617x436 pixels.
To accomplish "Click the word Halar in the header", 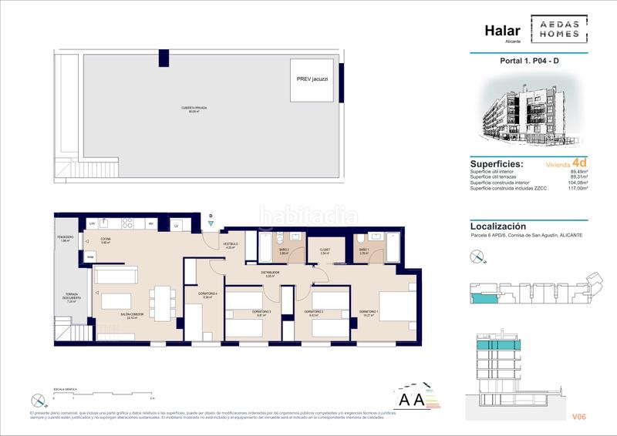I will coord(501,30).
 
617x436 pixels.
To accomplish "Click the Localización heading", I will coord(498,226).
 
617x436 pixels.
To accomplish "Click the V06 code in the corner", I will coord(579,417).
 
